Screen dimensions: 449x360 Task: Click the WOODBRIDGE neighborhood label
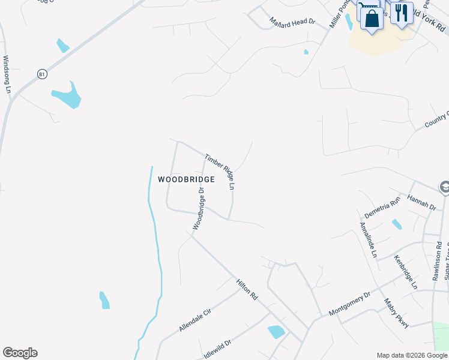185,179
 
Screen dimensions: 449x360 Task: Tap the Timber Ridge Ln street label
219,172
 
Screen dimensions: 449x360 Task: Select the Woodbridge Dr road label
199,208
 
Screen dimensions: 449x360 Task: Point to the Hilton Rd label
247,289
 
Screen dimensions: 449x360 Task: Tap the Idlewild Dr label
217,349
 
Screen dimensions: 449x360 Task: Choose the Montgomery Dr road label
350,305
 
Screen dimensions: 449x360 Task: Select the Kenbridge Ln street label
405,272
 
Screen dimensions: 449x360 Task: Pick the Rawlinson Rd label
437,261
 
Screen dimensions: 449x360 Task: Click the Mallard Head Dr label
292,22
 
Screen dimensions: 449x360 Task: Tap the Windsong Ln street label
7,74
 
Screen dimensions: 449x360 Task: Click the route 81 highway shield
41,74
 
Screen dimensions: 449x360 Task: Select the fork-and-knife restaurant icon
402,13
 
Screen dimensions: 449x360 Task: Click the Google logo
20,353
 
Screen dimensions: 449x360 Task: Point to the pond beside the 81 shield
67,96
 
